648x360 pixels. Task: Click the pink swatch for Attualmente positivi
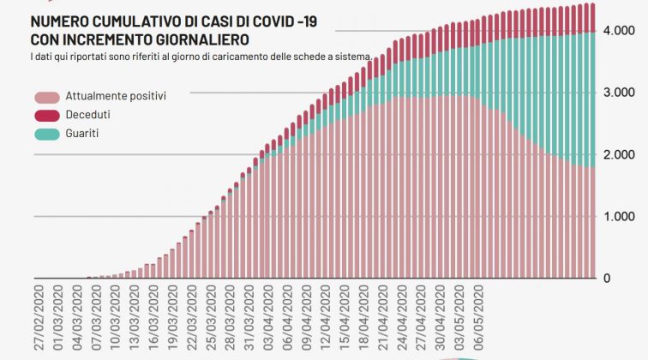click(x=48, y=98)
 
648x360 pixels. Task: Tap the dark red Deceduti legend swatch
click(x=48, y=116)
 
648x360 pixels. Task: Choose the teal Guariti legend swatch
click(x=48, y=134)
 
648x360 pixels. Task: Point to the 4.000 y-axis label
click(x=618, y=30)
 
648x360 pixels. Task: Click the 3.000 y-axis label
click(x=618, y=92)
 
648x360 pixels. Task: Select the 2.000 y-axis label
click(x=618, y=154)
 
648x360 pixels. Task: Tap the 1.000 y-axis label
click(x=619, y=216)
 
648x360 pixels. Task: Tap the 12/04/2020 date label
click(x=321, y=317)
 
